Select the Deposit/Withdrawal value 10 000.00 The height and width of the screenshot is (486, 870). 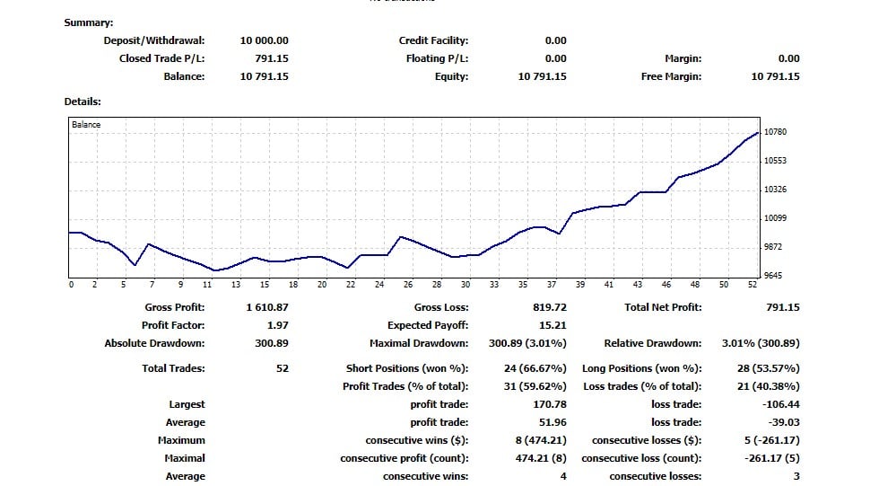click(264, 40)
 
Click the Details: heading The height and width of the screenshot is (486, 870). click(82, 102)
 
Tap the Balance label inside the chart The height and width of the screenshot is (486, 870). click(86, 125)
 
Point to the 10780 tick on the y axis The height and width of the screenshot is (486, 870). click(775, 132)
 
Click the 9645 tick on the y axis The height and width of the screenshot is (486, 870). click(772, 276)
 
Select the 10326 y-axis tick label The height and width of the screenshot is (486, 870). click(775, 190)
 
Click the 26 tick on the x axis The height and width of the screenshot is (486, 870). click(408, 285)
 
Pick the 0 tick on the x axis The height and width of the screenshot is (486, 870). click(71, 285)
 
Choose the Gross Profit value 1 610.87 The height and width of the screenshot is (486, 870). click(266, 307)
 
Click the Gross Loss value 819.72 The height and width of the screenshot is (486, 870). click(549, 307)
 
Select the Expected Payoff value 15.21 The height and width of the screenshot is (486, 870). click(553, 325)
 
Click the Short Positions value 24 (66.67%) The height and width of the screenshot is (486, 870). click(535, 368)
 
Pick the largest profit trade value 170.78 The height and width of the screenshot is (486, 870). click(547, 404)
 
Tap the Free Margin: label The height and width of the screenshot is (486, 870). click(670, 76)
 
